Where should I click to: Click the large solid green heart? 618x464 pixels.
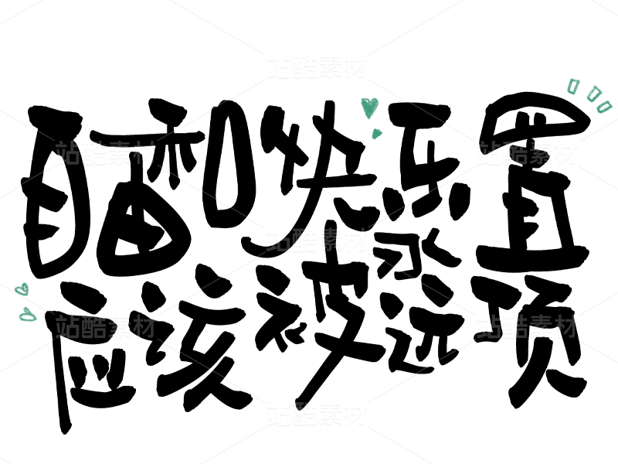coord(369,106)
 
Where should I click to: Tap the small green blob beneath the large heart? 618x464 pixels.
coord(377,134)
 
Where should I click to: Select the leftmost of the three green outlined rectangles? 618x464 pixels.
coord(572,86)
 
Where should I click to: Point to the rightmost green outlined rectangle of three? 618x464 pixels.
coord(604,107)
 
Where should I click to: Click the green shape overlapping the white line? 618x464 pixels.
coord(22,289)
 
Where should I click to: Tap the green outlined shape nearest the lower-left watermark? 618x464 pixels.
coord(28,315)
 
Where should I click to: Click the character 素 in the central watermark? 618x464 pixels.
coord(329,240)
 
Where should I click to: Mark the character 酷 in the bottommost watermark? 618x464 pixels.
coord(304,414)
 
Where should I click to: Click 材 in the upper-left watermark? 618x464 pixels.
coord(144,153)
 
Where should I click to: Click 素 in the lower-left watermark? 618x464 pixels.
coord(118,326)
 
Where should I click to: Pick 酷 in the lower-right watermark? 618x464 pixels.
coord(514,326)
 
